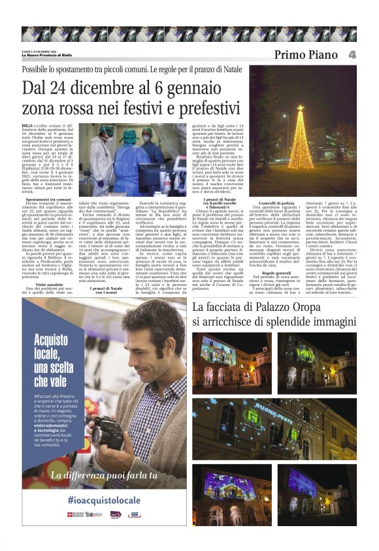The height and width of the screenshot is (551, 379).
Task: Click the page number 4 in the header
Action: (x=352, y=55)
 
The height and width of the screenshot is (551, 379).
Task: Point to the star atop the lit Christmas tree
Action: (x=300, y=107)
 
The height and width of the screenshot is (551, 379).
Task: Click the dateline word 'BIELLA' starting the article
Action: (x=27, y=124)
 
